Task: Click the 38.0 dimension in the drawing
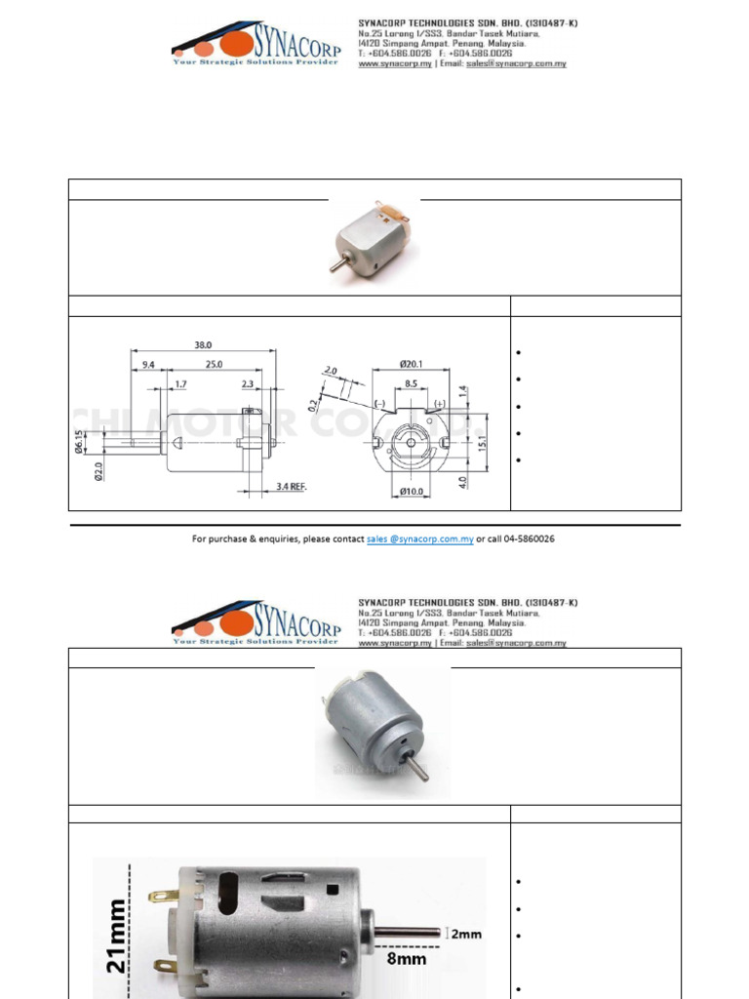coord(203,344)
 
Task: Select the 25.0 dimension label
coord(214,364)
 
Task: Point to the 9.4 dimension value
coord(148,364)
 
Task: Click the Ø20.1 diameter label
coord(412,364)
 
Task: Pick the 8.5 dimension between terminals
coord(412,383)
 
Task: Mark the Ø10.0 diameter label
coord(412,492)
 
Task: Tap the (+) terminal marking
coord(440,403)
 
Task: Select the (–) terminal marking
coord(379,403)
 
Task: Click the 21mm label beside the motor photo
coord(115,936)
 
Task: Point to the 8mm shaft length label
coord(408,959)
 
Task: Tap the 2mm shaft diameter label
coord(465,934)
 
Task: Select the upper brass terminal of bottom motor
coord(163,895)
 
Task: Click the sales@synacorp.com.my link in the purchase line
coord(419,539)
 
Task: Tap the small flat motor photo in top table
coord(374,238)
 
